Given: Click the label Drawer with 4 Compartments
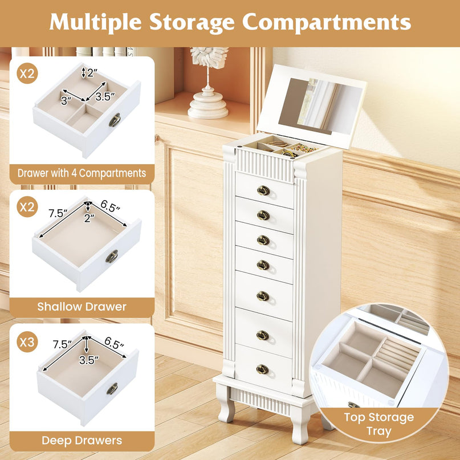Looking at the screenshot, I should coord(82,173).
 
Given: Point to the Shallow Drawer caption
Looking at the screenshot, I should coord(82,307).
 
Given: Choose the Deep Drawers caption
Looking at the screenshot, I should coord(82,440).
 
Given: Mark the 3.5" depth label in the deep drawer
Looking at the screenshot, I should coord(87,360).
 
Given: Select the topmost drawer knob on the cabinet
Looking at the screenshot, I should coord(263,190).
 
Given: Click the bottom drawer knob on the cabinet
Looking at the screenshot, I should coord(262,369).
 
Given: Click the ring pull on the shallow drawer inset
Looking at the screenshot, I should coord(112,257).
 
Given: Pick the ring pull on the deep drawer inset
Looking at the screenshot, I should coord(112,389).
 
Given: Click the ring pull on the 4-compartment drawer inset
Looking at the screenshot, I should coord(115,120).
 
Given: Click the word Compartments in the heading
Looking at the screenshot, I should coord(327,22).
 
